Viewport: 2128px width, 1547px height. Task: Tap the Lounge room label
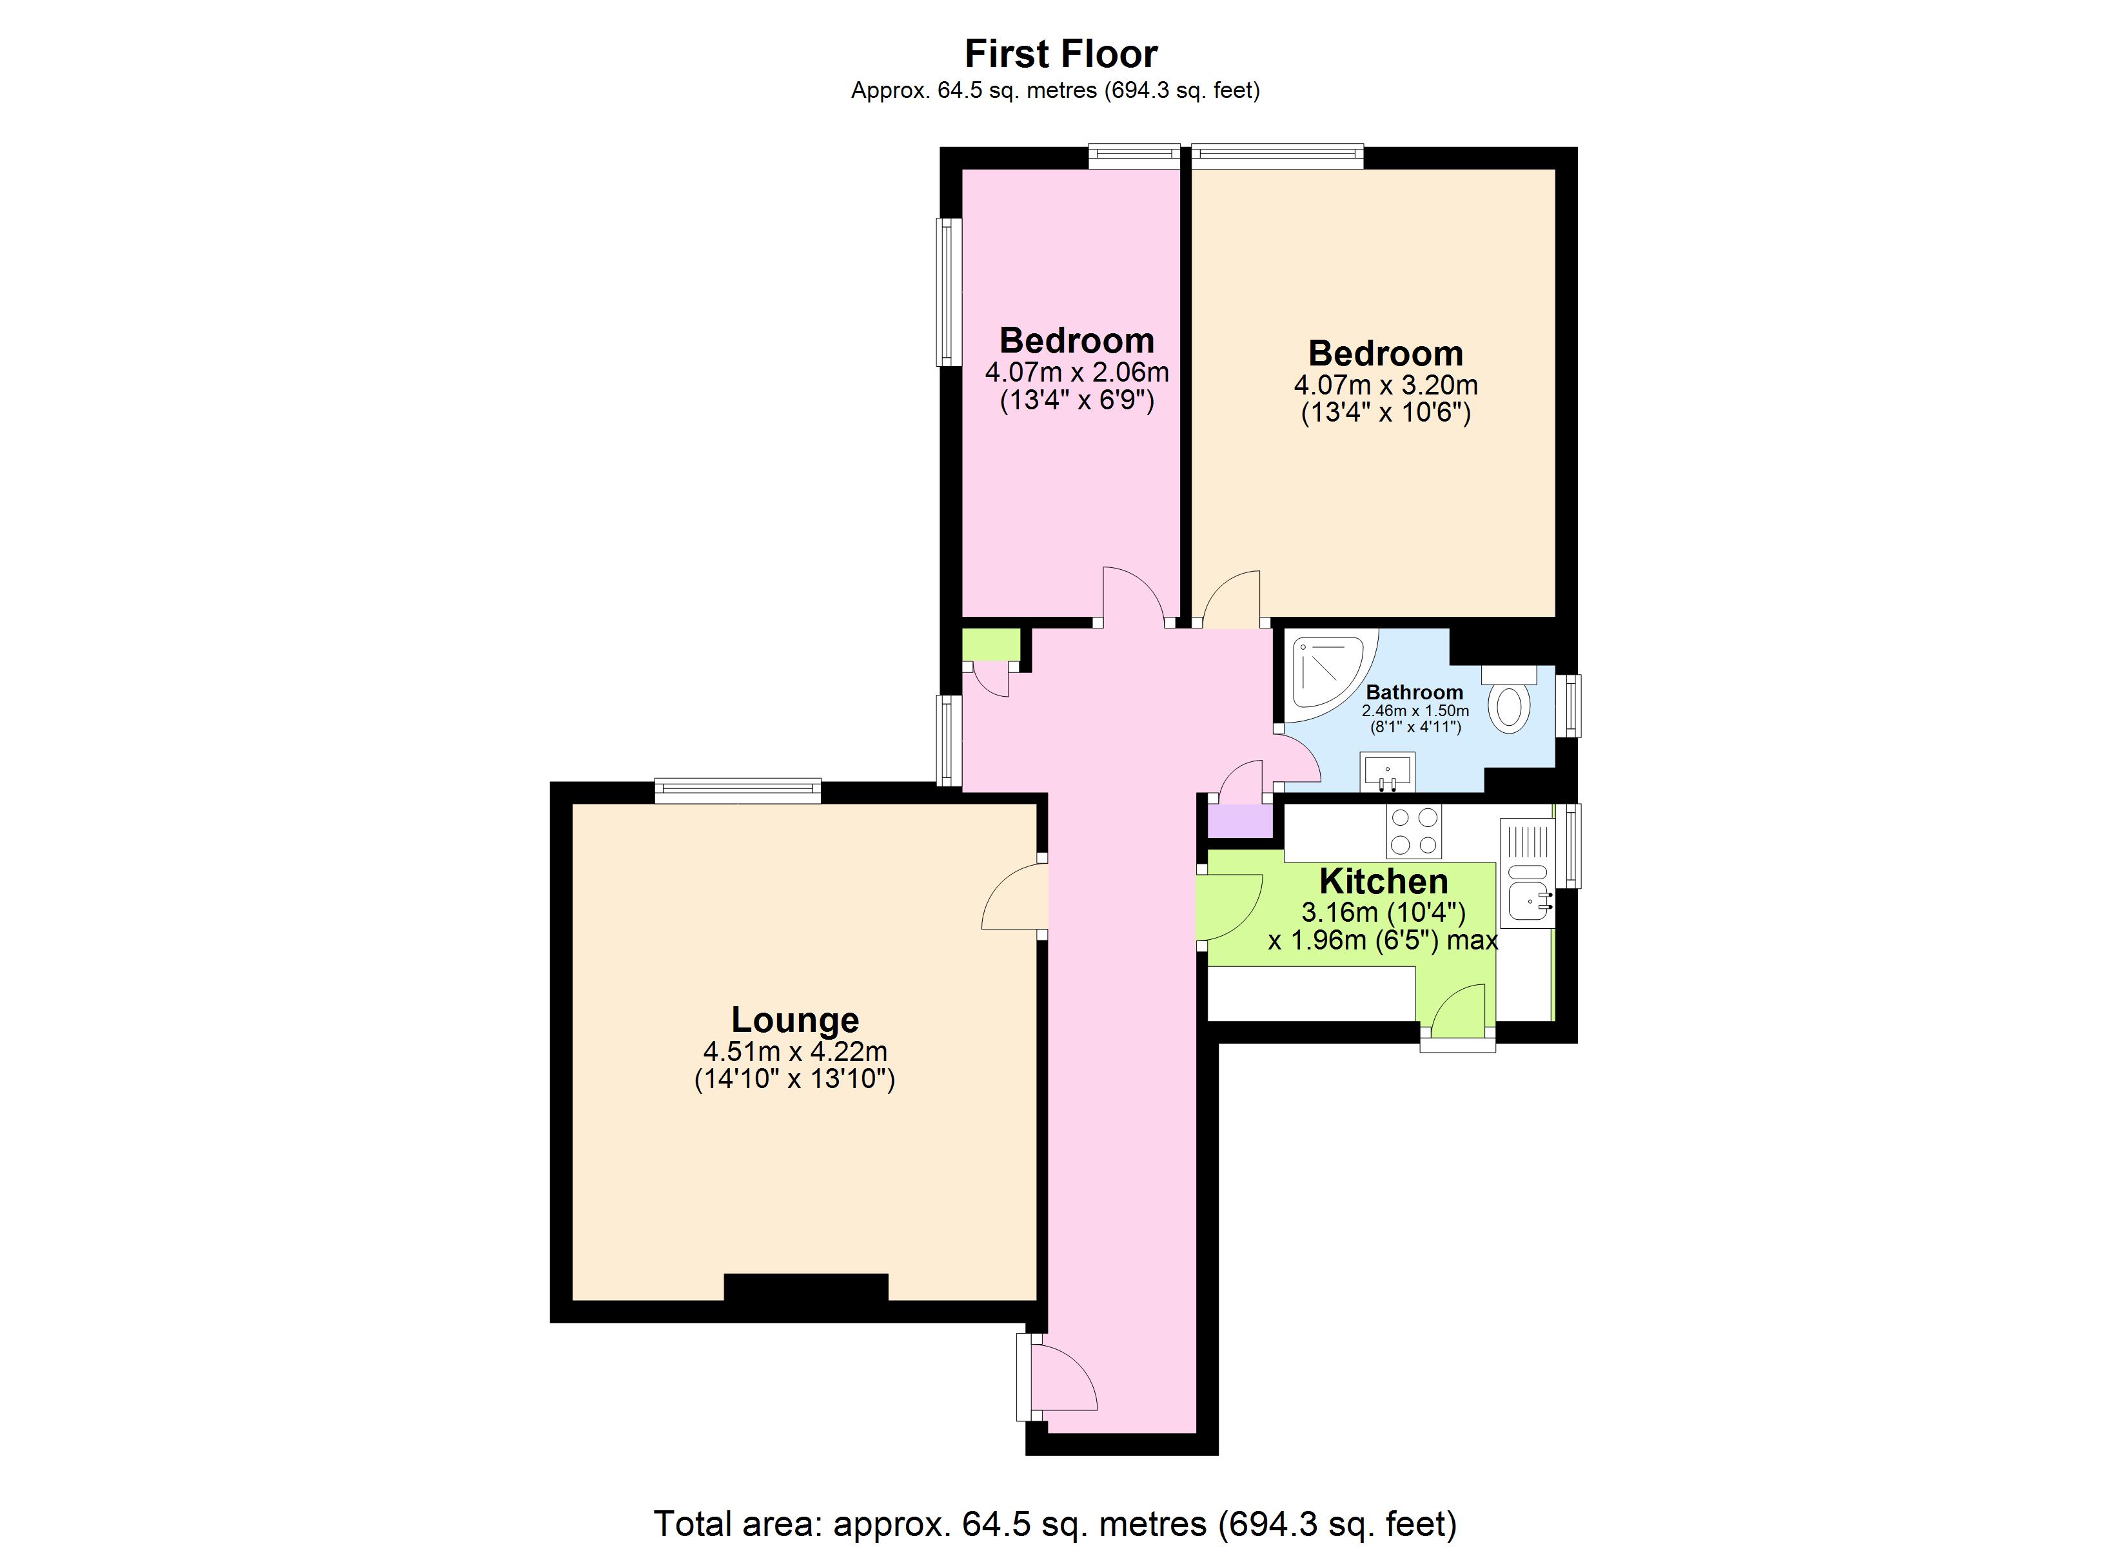click(x=794, y=1020)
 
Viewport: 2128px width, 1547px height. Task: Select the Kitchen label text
click(x=1383, y=882)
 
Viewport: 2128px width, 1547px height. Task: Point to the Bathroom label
click(x=1414, y=692)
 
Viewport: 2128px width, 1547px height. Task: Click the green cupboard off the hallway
click(x=991, y=645)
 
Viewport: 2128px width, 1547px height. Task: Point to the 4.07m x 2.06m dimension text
click(x=1076, y=373)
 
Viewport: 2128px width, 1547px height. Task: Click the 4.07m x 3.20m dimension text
click(x=1386, y=385)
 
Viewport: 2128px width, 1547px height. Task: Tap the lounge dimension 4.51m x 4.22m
click(x=794, y=1052)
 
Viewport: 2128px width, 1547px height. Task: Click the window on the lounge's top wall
click(x=738, y=791)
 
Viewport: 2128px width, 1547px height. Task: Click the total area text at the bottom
click(x=1054, y=1524)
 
